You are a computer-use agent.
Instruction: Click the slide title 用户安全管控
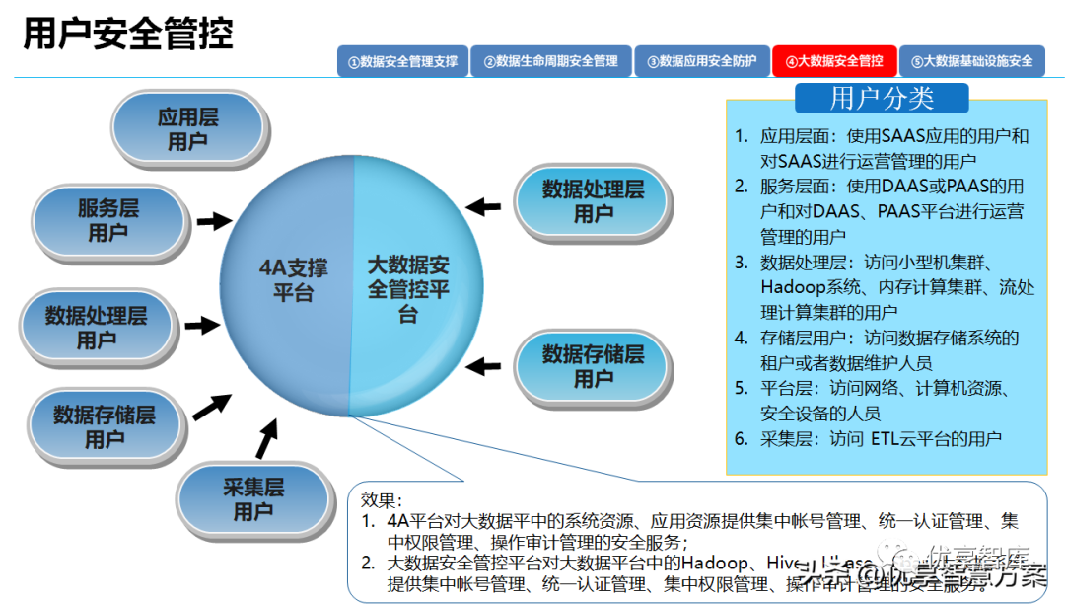pos(128,34)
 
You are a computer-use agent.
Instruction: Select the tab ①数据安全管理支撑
pos(402,61)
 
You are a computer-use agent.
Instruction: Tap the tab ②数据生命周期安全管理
pos(550,61)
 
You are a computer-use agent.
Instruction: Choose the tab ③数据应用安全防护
pos(701,61)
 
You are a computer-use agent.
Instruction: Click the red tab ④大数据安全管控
pos(834,61)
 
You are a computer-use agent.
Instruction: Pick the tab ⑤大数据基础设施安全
pos(971,61)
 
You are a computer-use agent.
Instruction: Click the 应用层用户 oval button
pos(187,129)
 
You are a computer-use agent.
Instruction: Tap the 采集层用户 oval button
pos(252,498)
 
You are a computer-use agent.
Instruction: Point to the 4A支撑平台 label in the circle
pos(293,280)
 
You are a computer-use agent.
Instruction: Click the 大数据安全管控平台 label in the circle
pos(408,290)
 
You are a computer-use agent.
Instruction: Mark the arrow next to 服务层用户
pos(212,220)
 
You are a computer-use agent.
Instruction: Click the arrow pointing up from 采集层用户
pos(266,438)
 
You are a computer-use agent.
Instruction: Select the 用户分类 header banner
pos(882,99)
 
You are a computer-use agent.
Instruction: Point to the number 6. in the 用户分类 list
pos(742,439)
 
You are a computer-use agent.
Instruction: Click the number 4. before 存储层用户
pos(742,338)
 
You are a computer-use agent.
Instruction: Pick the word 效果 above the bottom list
pos(382,499)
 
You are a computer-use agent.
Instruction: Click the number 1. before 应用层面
pos(742,136)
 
